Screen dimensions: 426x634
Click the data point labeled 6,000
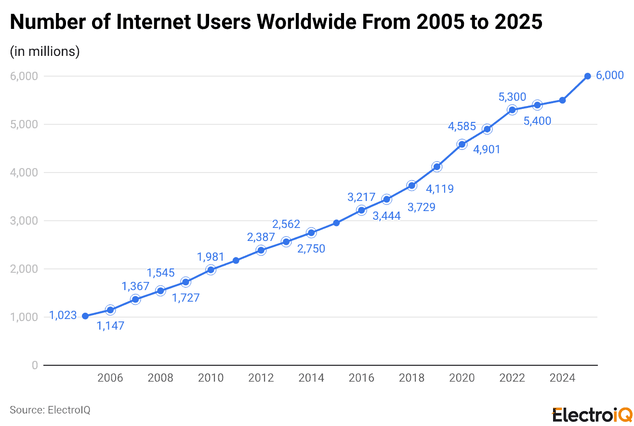[587, 76]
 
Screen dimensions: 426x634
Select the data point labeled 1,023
[85, 316]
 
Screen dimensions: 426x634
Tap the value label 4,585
[462, 127]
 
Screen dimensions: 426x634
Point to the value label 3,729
[421, 207]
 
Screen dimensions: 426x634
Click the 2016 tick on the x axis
[361, 378]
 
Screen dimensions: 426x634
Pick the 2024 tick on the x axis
[562, 378]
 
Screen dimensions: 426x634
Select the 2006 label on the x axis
[110, 378]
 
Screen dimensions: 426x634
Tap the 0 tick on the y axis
[34, 365]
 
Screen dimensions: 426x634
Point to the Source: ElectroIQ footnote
[50, 410]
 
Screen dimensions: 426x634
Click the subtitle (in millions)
[45, 52]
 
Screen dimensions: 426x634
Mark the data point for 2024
[562, 100]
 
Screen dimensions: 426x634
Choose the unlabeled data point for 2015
[336, 223]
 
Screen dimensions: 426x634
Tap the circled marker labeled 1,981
[211, 270]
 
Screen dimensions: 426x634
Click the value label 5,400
[537, 121]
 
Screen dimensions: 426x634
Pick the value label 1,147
[110, 326]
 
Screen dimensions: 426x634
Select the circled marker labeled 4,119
[436, 167]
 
